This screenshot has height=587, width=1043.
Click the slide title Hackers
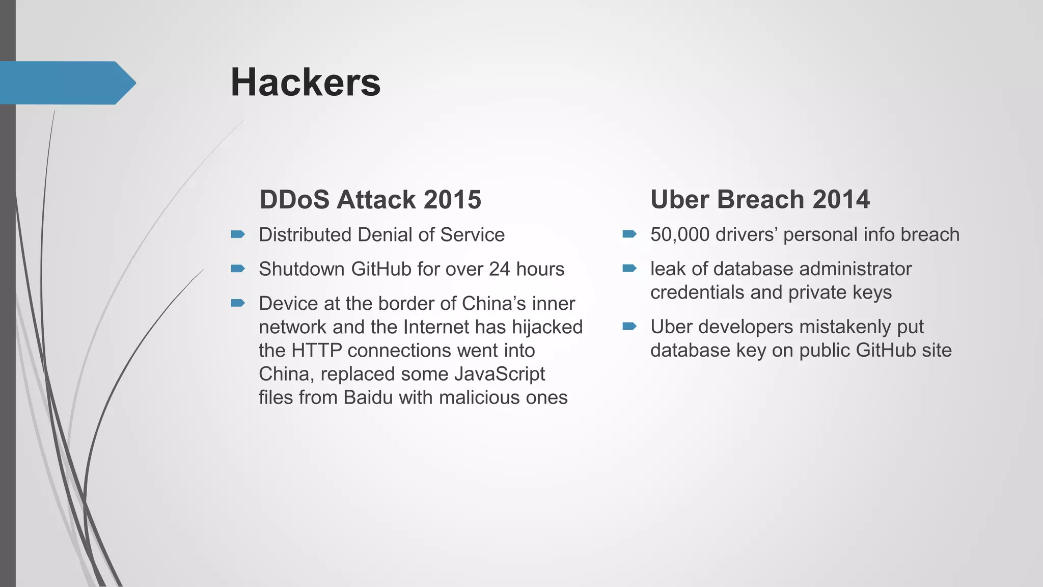point(305,83)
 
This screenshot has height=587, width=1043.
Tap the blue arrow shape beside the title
point(66,83)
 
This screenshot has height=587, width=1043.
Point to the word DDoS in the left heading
point(295,199)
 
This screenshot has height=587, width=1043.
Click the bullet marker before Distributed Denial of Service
point(238,234)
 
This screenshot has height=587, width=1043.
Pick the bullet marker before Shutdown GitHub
point(238,269)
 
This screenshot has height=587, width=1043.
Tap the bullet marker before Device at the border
point(238,303)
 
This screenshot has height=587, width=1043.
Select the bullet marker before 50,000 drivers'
point(629,234)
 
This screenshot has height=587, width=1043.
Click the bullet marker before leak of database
point(629,269)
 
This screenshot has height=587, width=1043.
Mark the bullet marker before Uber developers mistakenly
point(629,326)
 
